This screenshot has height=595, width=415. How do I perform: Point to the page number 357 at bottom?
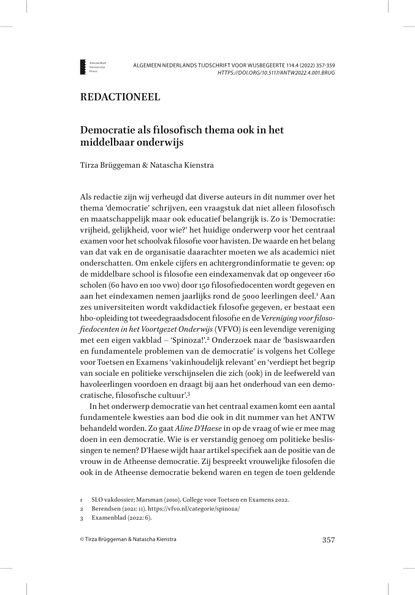[328, 540]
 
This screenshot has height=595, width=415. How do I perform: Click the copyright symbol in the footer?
[82, 540]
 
